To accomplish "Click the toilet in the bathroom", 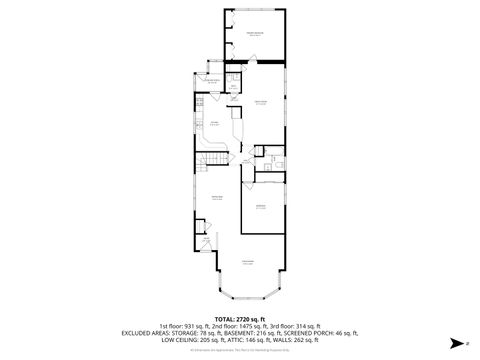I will coord(262,152).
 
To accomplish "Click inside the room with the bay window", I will coord(247,270).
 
